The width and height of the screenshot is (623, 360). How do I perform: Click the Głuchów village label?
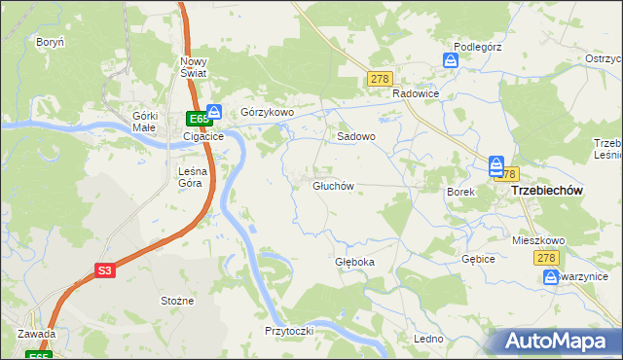click(333, 185)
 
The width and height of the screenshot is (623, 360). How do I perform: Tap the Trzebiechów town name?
click(546, 192)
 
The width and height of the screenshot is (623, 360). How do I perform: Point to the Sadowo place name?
click(356, 137)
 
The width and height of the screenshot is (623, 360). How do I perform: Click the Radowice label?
click(417, 93)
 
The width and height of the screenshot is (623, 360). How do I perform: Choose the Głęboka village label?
click(354, 263)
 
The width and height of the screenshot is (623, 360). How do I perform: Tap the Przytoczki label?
click(288, 331)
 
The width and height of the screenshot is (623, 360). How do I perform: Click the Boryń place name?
click(50, 43)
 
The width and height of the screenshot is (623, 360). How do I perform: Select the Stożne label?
click(177, 302)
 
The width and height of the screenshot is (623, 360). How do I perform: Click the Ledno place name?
click(428, 339)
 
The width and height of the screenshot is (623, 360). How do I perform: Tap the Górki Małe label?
click(145, 121)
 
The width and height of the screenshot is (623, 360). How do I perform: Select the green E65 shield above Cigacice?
click(198, 119)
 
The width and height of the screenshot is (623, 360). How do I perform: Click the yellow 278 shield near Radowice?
click(381, 79)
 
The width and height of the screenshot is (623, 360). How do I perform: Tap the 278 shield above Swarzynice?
click(545, 257)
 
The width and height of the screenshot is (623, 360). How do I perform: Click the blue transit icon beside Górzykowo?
click(215, 113)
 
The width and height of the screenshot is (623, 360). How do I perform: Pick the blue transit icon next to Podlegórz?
click(451, 60)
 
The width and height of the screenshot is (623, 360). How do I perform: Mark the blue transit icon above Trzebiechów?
click(495, 166)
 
